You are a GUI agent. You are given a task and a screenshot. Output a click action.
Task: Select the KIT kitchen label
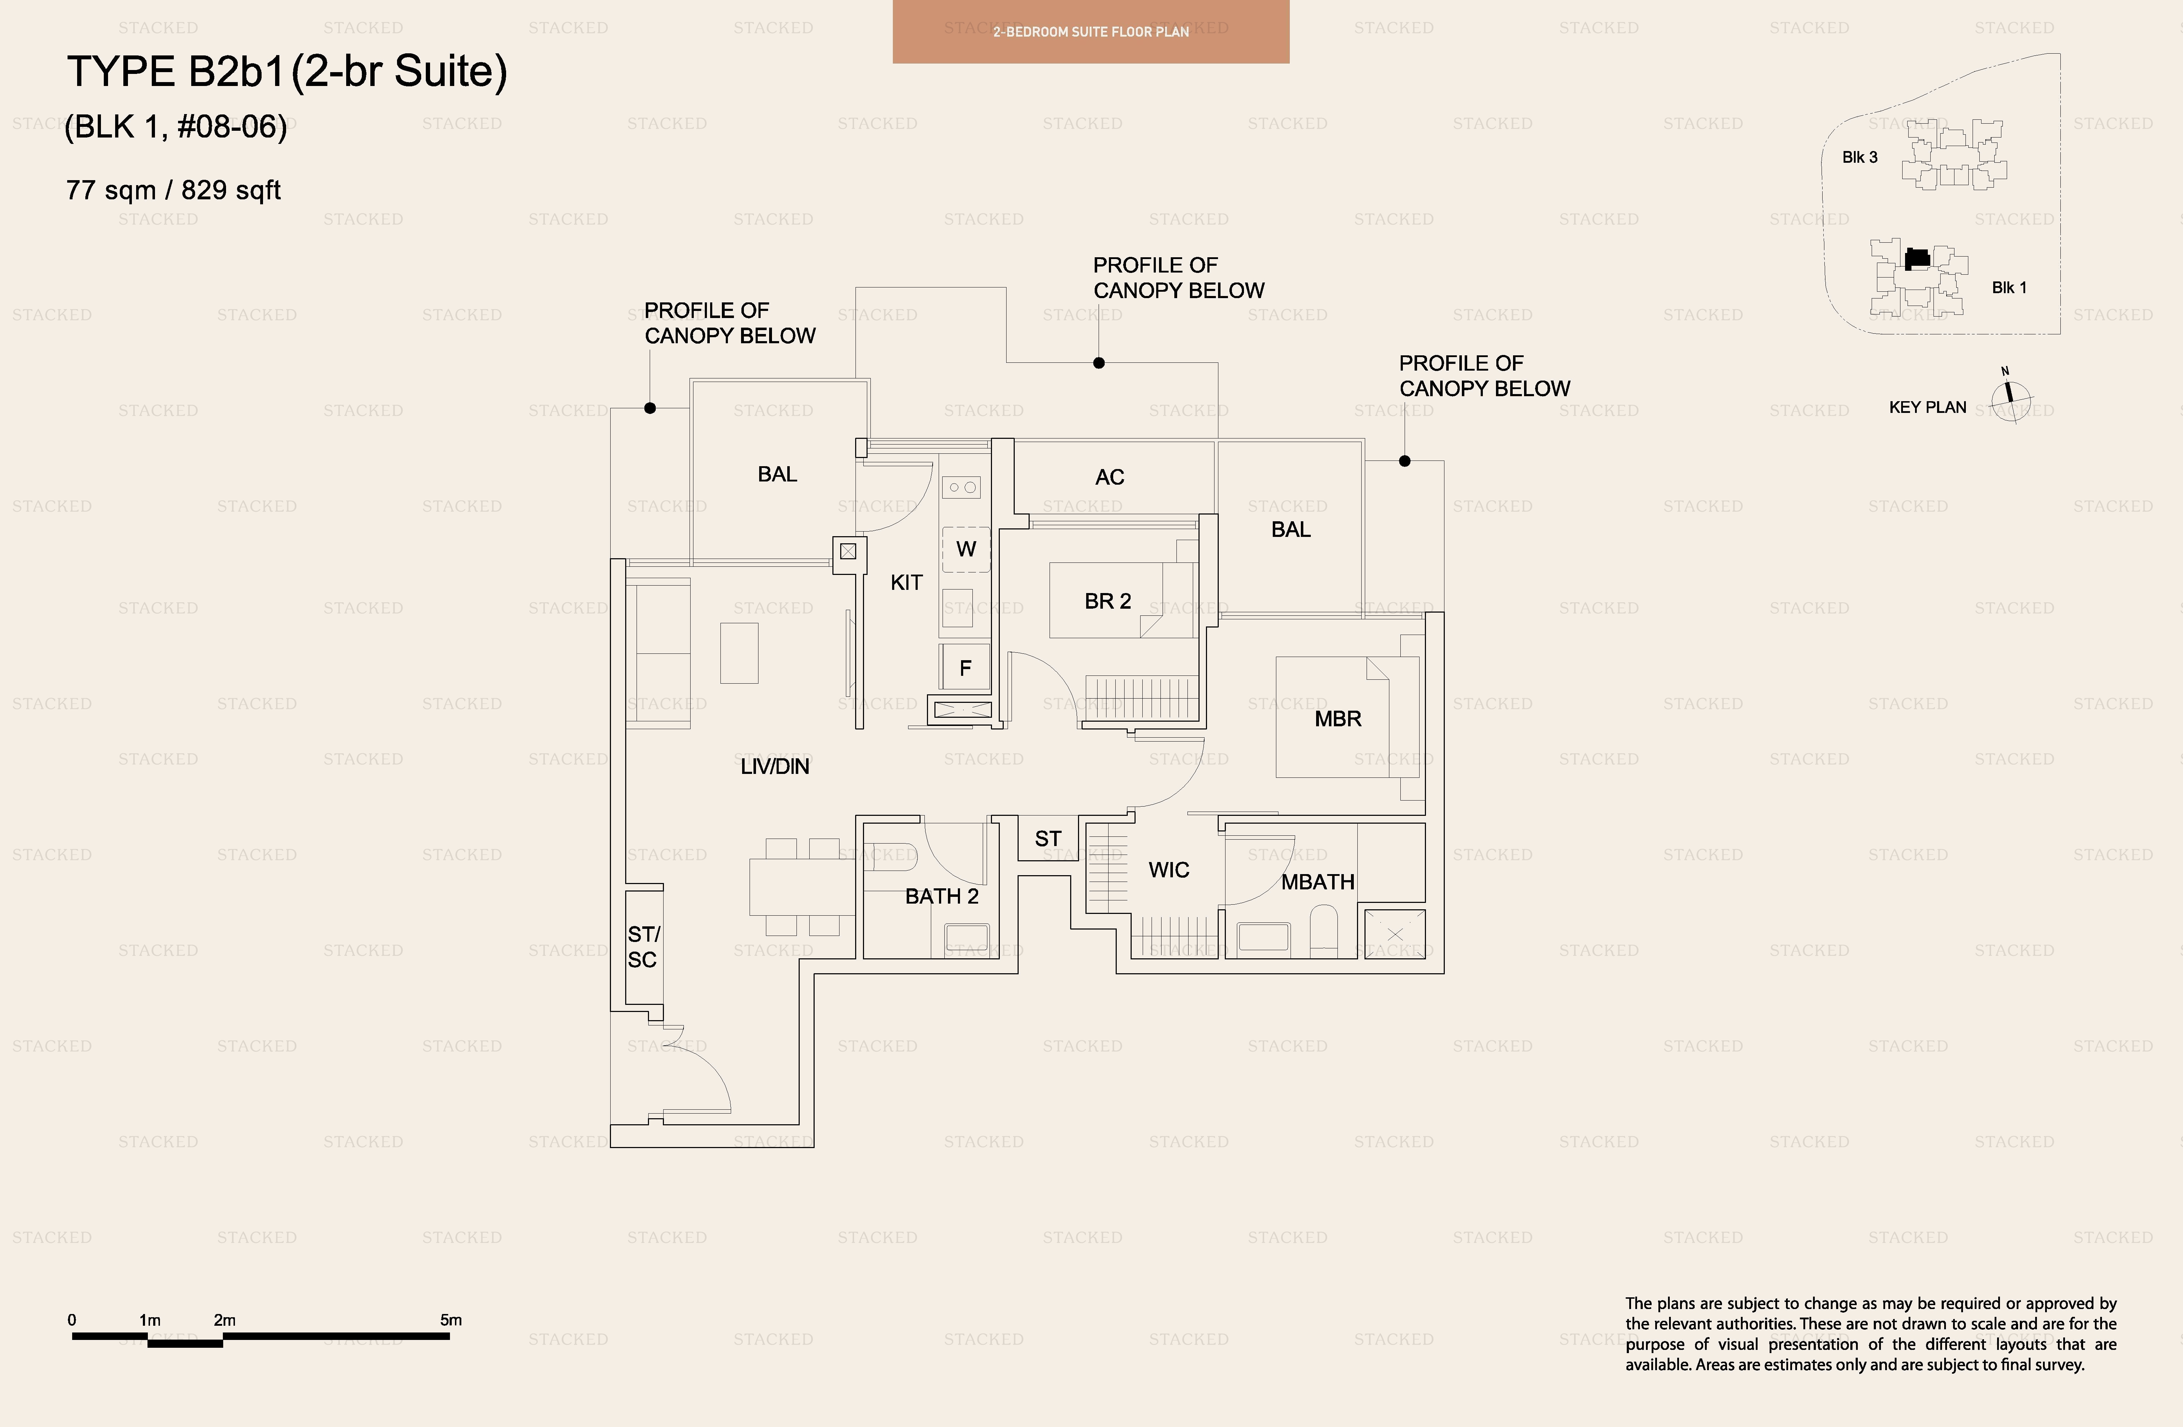click(x=906, y=582)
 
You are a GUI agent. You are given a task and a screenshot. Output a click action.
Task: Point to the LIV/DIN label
click(x=775, y=767)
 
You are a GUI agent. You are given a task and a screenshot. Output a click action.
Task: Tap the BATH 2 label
click(x=942, y=896)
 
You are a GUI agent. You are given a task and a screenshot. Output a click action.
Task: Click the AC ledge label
click(x=1110, y=477)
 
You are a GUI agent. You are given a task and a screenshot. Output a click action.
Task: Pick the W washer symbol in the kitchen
click(x=966, y=549)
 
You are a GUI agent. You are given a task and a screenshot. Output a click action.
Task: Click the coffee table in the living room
click(x=739, y=653)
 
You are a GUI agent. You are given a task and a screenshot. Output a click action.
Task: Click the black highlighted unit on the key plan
click(x=1917, y=259)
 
